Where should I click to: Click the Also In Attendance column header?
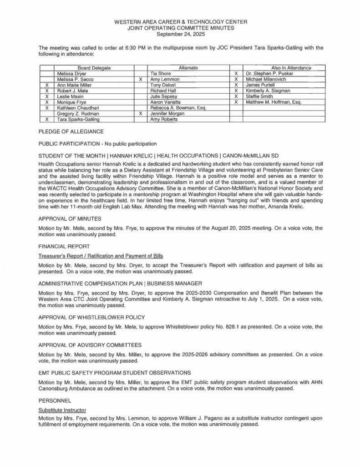pos(284,67)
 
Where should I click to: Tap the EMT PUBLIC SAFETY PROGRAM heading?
pos(112,373)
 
